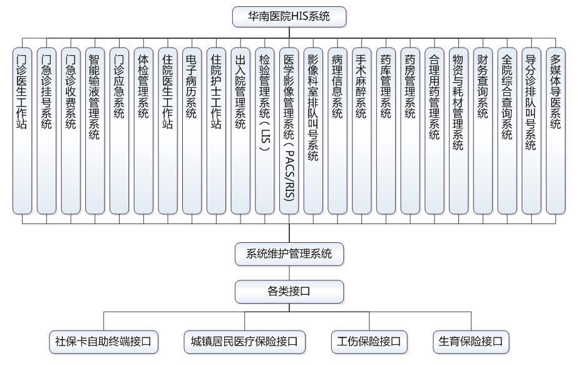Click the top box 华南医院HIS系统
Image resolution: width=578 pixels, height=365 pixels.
[x=289, y=16]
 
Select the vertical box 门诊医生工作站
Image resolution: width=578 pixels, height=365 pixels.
[x=22, y=131]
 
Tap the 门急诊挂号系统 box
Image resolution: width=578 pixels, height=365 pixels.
[x=46, y=131]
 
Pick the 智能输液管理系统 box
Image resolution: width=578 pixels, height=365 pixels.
[x=95, y=131]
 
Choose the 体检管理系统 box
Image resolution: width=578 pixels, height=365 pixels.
[x=143, y=131]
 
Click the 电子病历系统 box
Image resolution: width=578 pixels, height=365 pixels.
[x=192, y=131]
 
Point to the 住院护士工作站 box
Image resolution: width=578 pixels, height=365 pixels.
[x=217, y=131]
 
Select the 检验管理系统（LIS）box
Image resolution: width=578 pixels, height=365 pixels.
[x=265, y=131]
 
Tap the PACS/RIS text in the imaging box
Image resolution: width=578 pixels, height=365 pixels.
[x=289, y=175]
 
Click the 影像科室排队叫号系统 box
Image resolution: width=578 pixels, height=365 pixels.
[x=313, y=131]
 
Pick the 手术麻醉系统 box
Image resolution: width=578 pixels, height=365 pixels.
[x=361, y=131]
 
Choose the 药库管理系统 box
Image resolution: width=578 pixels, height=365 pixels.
[x=386, y=131]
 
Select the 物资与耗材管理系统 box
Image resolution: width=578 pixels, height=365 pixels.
[x=458, y=131]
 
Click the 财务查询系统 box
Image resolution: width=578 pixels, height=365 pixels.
[x=483, y=131]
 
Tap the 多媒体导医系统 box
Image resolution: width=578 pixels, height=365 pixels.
[x=555, y=131]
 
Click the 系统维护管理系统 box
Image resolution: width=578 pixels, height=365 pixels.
[x=289, y=254]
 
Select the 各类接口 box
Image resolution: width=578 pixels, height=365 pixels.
[x=289, y=292]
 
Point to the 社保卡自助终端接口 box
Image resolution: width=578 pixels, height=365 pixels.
[x=103, y=342]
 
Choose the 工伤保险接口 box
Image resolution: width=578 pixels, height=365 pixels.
[x=369, y=342]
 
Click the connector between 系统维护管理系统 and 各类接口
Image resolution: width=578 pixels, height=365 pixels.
[x=289, y=273]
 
